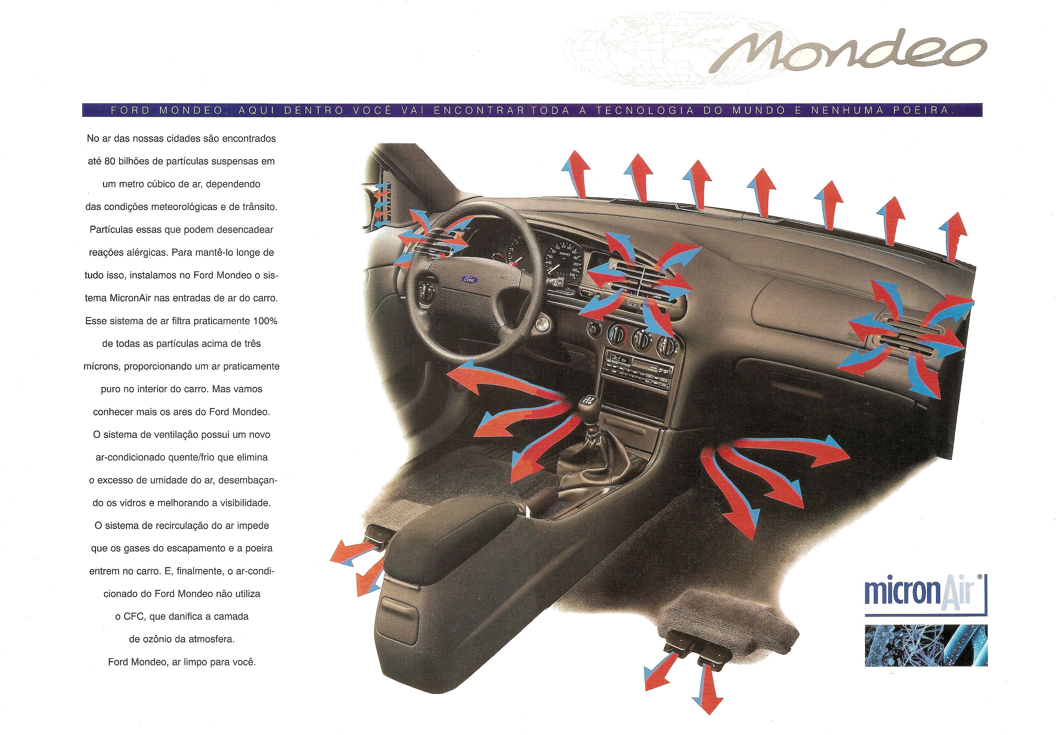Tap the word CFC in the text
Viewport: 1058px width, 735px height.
(x=134, y=617)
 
